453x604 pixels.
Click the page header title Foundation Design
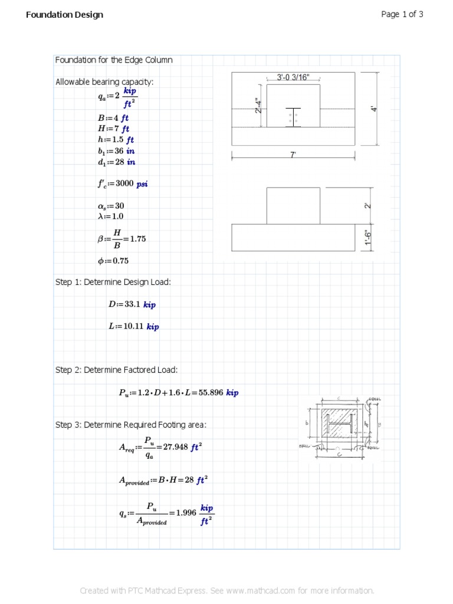coord(64,15)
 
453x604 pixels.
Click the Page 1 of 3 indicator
coord(402,15)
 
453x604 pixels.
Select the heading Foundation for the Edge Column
coord(114,60)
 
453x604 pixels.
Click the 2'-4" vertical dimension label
coord(258,106)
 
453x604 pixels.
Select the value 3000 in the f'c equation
coord(124,183)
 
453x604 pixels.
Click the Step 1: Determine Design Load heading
coord(113,283)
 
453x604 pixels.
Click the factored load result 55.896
coord(211,392)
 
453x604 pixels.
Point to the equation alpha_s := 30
coord(111,206)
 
